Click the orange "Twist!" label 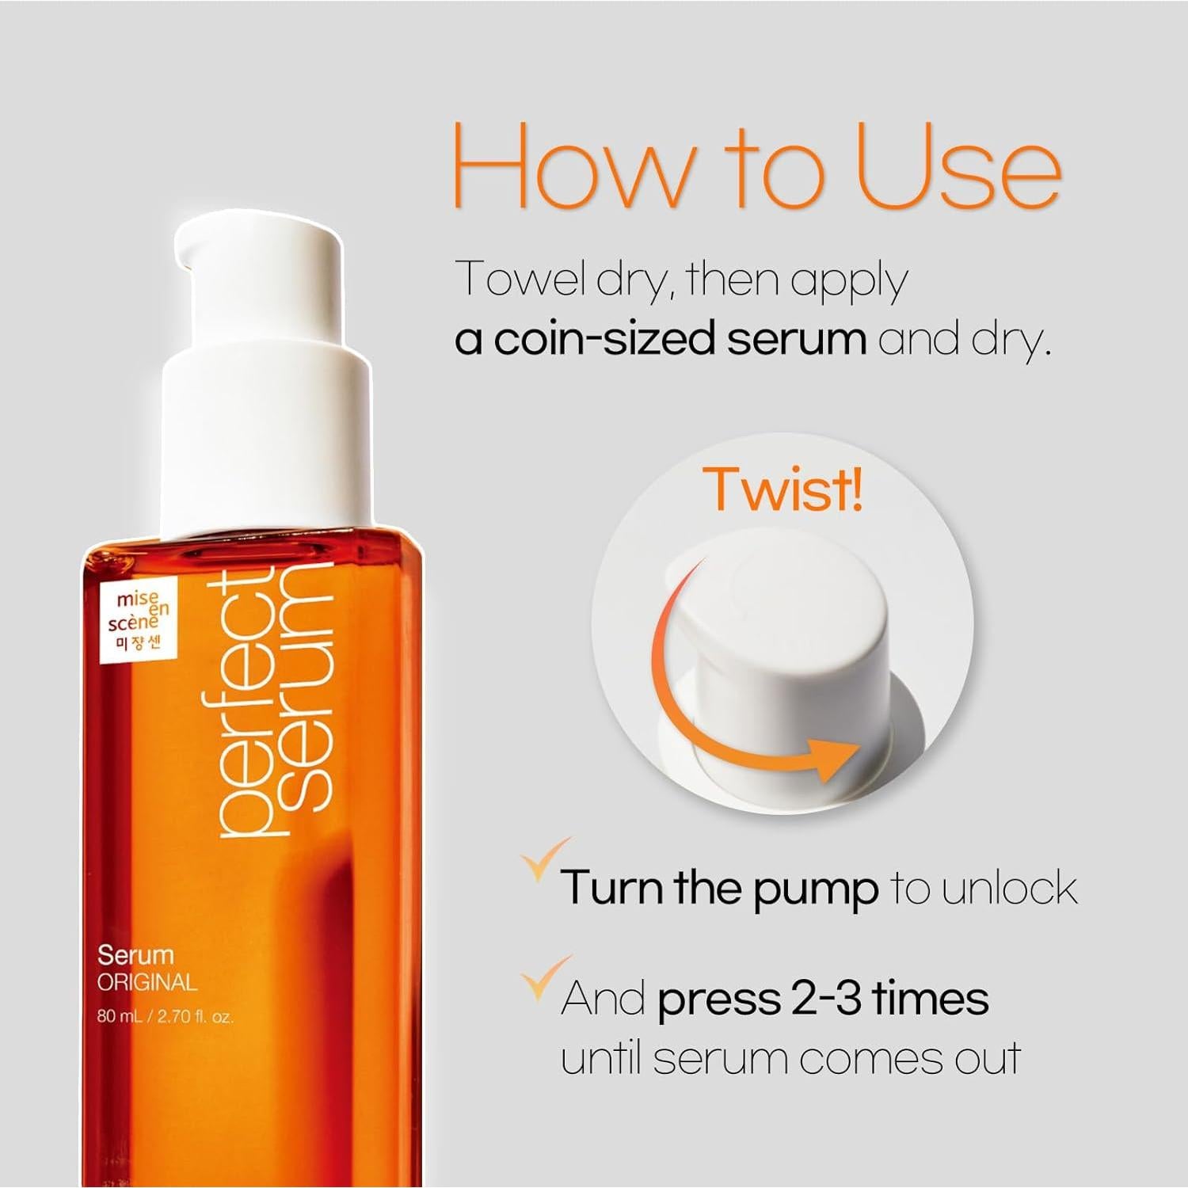pos(783,488)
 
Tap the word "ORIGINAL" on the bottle pos(147,983)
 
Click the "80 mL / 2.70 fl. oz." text pos(165,1016)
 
